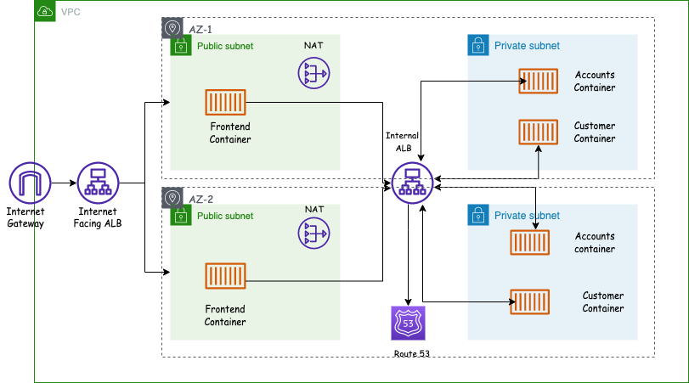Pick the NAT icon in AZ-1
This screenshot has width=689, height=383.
pos(313,73)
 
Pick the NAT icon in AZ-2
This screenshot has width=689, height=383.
pos(313,234)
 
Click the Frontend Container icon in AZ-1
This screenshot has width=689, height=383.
pos(226,104)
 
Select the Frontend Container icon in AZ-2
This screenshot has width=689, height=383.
pos(225,277)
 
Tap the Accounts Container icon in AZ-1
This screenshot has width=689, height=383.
pos(539,82)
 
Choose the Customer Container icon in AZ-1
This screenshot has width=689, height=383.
pos(539,132)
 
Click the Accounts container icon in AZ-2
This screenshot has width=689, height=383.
pos(529,243)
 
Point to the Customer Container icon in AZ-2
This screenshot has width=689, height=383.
pos(529,301)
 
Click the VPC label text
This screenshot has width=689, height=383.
pos(72,12)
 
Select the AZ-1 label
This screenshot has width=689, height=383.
pos(201,29)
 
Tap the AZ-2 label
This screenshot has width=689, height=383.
pos(201,199)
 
